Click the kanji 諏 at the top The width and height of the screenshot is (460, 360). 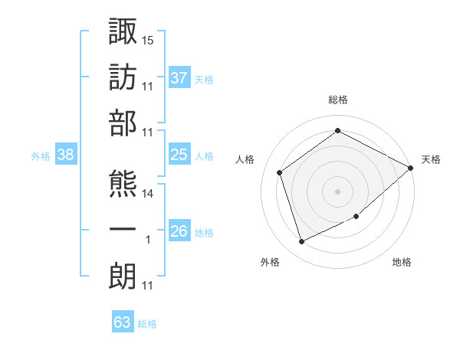click(x=123, y=31)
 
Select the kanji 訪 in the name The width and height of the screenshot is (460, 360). click(x=123, y=77)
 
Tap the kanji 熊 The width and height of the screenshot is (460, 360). click(x=123, y=184)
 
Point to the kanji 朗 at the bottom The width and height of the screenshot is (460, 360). click(x=123, y=276)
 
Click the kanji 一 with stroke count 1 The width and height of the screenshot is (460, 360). click(x=123, y=229)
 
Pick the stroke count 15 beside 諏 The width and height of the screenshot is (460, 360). click(x=147, y=41)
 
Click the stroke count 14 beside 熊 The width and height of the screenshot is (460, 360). click(x=147, y=194)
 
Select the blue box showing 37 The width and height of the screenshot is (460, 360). click(x=179, y=77)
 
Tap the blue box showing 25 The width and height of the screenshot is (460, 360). click(x=179, y=154)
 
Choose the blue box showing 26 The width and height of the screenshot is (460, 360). click(x=179, y=230)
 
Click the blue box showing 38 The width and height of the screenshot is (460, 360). click(x=66, y=154)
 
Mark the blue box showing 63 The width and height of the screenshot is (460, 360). click(x=123, y=321)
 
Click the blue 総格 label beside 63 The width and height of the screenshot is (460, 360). click(x=147, y=324)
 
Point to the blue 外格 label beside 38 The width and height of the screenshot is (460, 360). click(x=41, y=156)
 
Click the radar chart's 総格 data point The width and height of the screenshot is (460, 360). click(x=337, y=130)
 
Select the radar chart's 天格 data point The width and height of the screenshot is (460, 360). click(x=410, y=168)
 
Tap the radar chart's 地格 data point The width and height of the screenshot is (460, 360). click(x=356, y=216)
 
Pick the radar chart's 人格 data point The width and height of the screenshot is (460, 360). click(x=279, y=172)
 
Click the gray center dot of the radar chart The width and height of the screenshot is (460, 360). click(x=337, y=191)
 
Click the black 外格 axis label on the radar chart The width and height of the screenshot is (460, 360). click(x=270, y=262)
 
